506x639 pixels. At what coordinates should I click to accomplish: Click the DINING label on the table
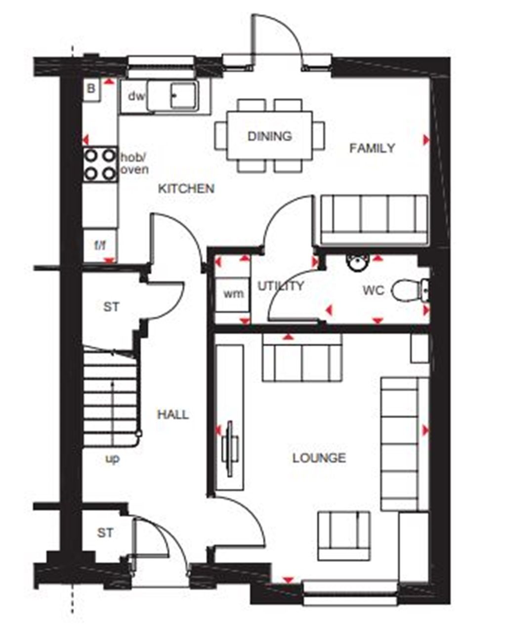coord(269,136)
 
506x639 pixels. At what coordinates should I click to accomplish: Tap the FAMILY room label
coord(372,148)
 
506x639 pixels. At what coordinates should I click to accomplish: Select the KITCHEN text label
coord(186,188)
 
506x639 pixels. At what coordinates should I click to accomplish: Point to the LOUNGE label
coord(319,458)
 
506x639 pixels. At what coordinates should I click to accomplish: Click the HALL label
coord(172,414)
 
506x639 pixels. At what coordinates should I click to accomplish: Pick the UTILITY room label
coord(281,286)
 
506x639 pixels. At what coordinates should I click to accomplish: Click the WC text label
coord(373,291)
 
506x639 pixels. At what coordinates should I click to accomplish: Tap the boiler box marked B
coord(91,89)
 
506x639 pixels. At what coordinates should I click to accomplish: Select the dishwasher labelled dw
coord(136,96)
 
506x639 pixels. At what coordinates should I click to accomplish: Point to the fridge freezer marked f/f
coord(100,245)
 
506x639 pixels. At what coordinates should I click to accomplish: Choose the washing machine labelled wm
coord(233,294)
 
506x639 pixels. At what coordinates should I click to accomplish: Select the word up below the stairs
coord(113,459)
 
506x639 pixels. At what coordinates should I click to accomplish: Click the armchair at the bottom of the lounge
coord(343,536)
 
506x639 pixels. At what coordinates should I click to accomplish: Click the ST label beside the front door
coord(105,533)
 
